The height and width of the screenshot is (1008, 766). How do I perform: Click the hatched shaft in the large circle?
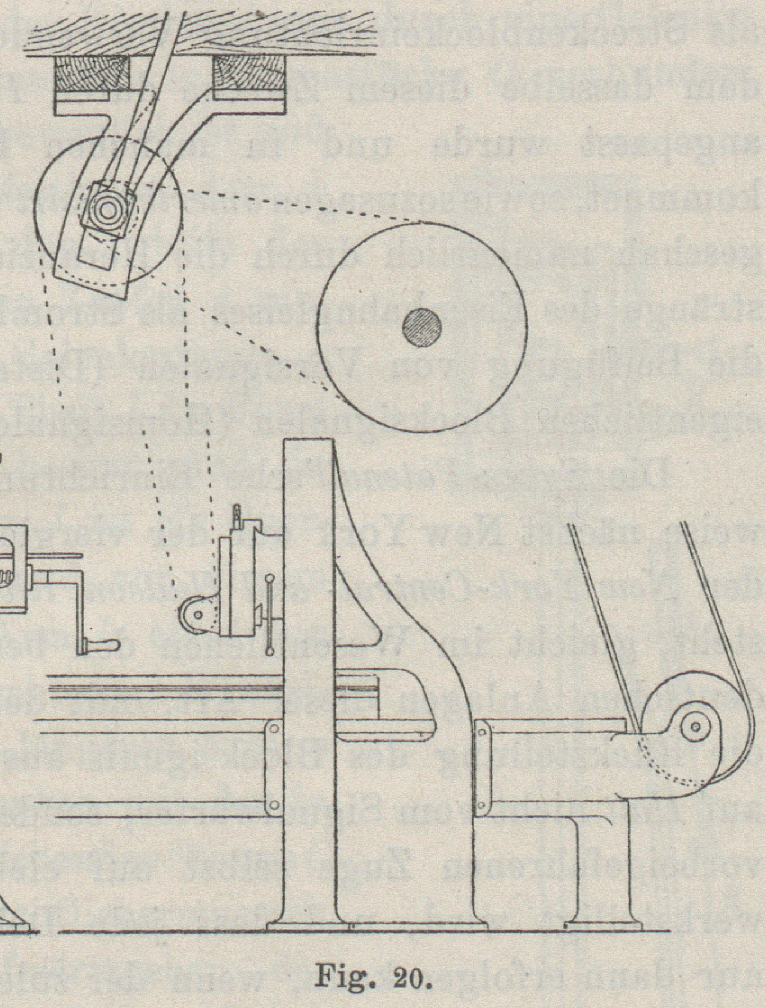[423, 328]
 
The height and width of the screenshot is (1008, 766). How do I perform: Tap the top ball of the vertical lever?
[270, 579]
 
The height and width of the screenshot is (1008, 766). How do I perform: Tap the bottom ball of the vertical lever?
[270, 652]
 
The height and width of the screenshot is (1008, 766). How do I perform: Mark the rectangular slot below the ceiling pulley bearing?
[97, 250]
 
